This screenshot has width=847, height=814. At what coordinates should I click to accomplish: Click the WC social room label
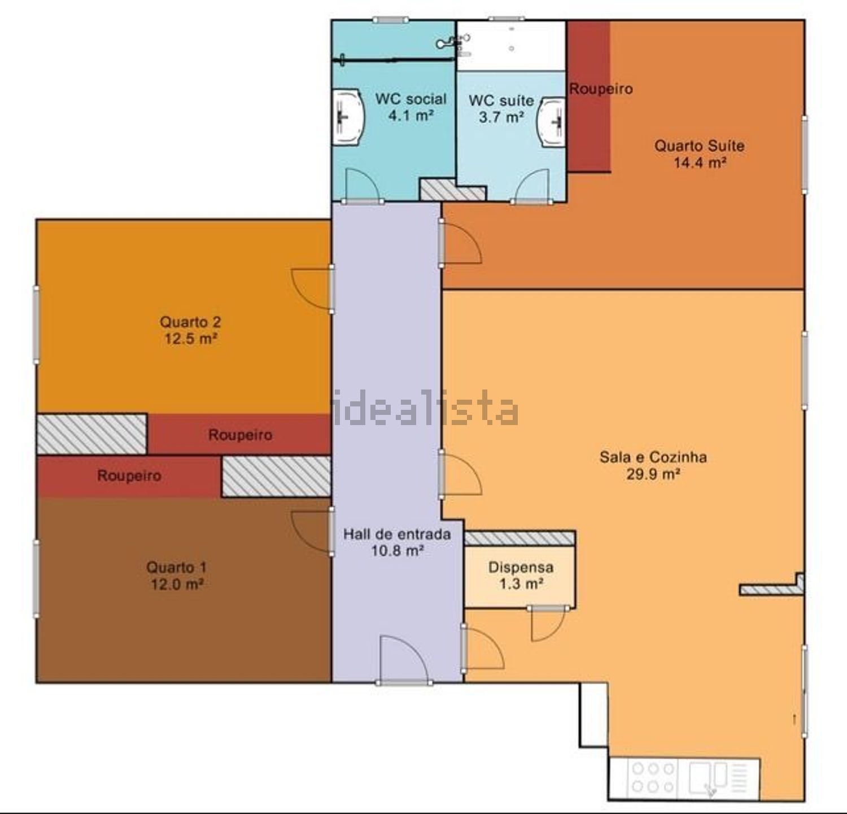coord(411,99)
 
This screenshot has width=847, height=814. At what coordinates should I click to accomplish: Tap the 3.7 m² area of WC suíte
coord(501,117)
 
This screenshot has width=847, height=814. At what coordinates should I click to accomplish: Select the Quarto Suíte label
coord(699,146)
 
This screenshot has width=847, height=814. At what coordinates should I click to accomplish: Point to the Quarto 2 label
coord(190,322)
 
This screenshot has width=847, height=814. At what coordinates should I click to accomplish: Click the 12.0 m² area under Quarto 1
coord(177,584)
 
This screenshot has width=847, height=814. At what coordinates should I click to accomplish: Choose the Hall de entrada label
coord(397,533)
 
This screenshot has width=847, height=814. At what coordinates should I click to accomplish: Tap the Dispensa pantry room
coord(520,575)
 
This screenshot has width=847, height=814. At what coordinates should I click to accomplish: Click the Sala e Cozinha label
coord(653,456)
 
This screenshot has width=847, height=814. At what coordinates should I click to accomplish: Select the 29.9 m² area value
coord(653,474)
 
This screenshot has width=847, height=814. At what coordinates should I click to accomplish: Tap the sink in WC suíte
coord(552,122)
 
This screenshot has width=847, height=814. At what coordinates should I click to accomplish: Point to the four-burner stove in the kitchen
coord(653,777)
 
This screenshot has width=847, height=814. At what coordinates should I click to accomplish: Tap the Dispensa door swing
coord(547,624)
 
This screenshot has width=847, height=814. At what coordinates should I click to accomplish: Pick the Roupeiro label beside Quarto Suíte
coord(600,89)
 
